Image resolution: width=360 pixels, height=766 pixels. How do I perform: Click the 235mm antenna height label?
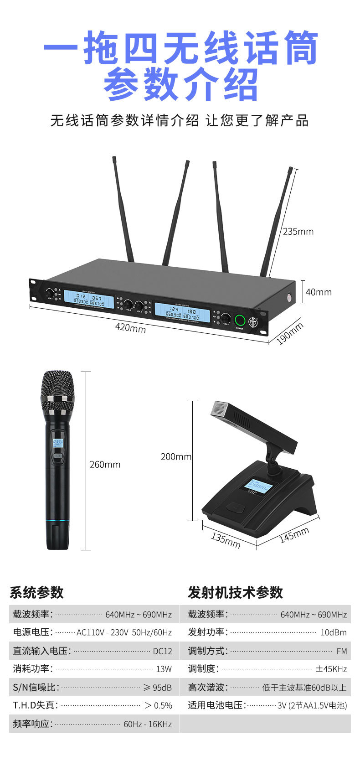point(298,232)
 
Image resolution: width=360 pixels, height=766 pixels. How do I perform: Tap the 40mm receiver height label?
point(319,292)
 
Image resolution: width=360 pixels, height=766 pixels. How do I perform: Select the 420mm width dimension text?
point(130,327)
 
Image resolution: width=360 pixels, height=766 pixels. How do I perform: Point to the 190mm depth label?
point(290,334)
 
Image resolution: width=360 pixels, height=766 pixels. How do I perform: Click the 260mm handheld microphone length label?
point(105,465)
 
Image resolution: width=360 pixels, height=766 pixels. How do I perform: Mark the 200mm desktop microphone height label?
point(176,456)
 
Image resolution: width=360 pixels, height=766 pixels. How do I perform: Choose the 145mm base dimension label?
point(294,534)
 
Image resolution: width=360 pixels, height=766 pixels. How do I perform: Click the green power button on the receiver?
point(240,320)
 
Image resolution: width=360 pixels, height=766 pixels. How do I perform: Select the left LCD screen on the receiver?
point(88,300)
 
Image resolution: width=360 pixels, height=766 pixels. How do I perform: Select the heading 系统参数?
point(36,592)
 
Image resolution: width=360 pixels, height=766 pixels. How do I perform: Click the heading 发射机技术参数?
point(235,592)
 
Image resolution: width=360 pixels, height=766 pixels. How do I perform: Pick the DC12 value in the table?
point(162,651)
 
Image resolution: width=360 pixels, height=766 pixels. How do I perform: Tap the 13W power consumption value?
point(164,669)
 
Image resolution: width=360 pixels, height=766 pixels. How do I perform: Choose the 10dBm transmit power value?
point(334,633)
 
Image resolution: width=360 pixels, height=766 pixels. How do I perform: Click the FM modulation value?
point(341,651)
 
